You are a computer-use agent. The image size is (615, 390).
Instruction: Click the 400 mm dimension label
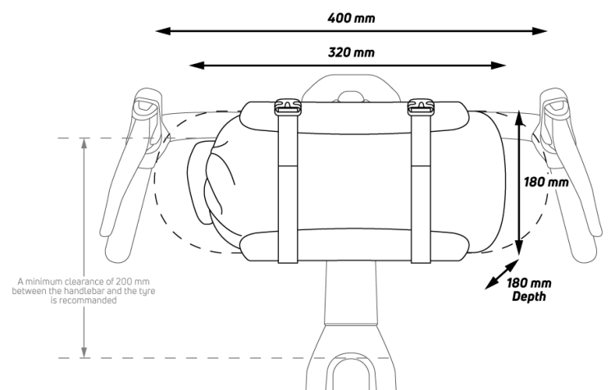(351, 18)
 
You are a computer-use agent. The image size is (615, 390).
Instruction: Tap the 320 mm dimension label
(351, 52)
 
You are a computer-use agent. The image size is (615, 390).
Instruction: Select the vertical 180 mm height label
(546, 182)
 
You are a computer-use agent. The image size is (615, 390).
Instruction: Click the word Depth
(529, 297)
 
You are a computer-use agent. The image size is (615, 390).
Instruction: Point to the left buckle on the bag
(288, 107)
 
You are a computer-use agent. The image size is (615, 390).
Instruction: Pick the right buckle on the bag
(421, 107)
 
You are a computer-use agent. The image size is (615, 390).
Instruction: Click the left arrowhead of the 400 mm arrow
(163, 31)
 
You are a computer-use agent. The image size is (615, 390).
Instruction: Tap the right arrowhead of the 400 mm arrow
(540, 31)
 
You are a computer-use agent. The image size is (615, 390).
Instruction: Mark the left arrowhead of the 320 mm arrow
(197, 66)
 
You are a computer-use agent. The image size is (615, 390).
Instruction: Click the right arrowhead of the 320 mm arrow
(498, 66)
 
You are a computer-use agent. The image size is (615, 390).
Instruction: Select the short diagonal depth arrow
(502, 274)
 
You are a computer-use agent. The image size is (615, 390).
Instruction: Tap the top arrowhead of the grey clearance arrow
(84, 143)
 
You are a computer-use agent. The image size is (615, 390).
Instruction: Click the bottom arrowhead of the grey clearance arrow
(84, 352)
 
